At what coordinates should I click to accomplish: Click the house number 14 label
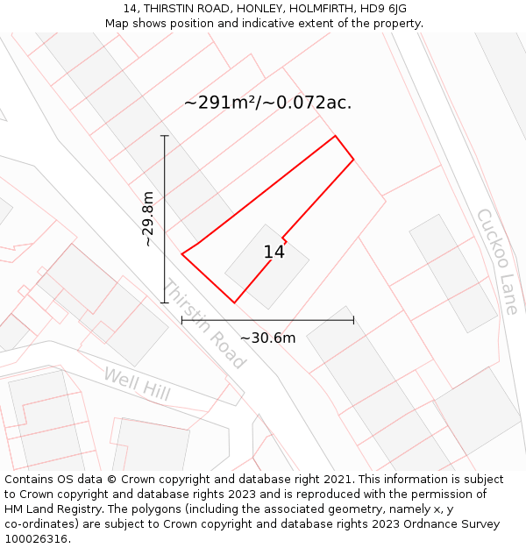point(274,253)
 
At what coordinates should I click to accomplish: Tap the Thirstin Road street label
point(204,324)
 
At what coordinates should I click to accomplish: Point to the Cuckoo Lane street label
point(497,261)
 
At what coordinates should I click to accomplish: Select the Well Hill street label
point(137,385)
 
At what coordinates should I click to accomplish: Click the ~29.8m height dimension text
point(148,219)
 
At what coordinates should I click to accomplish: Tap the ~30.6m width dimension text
point(267,338)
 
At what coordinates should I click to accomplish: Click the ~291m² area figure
point(224,103)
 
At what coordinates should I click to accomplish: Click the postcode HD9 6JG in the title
point(383,9)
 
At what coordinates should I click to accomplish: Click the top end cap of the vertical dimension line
point(164,136)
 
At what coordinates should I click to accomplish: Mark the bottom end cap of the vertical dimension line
point(164,302)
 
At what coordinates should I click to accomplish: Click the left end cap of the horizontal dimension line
point(181,320)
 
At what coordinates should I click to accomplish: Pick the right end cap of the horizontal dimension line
point(353,320)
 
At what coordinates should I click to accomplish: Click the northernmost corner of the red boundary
point(335,136)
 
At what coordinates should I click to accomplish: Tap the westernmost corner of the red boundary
point(182,254)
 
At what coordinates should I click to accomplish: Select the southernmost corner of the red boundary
point(234,302)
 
